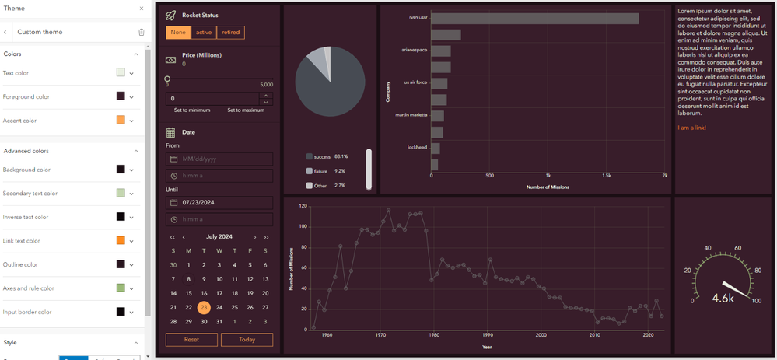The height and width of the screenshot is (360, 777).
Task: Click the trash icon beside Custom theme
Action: [x=141, y=32]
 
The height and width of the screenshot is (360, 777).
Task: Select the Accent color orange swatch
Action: [x=121, y=121]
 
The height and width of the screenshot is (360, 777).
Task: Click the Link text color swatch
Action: [x=121, y=241]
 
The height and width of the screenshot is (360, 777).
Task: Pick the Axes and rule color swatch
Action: [x=121, y=288]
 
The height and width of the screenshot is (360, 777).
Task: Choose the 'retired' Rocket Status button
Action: [x=230, y=32]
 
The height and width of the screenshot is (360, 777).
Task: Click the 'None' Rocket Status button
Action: [x=178, y=32]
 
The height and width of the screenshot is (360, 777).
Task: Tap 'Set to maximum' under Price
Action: [x=246, y=110]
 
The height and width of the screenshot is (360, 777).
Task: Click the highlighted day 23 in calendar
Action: [x=204, y=307]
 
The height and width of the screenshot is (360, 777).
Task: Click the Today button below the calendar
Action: [x=247, y=340]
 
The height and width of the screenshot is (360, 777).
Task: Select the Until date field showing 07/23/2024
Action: [x=219, y=202]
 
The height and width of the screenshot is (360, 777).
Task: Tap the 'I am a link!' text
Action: [x=692, y=128]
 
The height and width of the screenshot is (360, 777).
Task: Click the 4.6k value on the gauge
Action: [x=723, y=298]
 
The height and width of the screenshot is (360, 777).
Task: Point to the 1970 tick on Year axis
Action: [x=380, y=335]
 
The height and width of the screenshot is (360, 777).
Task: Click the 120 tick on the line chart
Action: [x=303, y=207]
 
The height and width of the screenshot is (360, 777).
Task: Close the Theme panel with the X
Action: [x=141, y=9]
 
